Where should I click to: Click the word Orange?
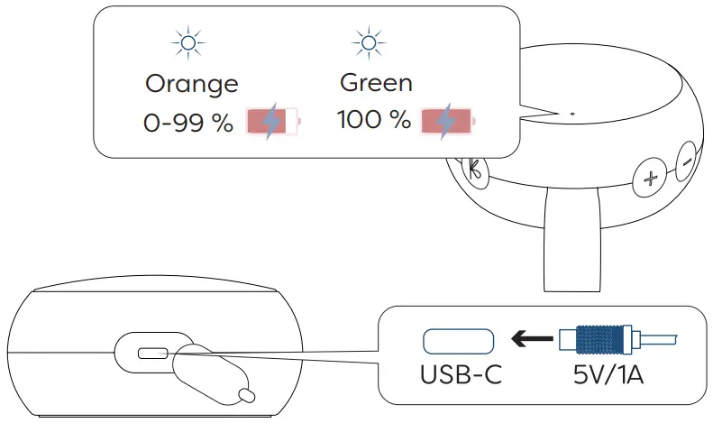[192, 84]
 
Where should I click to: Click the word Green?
[376, 82]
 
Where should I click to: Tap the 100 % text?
[373, 120]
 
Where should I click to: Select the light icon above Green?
[366, 42]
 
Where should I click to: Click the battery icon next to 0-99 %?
[272, 122]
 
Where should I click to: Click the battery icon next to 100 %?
[448, 120]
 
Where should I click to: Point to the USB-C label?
[459, 372]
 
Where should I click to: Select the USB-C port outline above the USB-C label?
[458, 340]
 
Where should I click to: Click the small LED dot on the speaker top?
[572, 115]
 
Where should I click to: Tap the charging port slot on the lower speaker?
[151, 353]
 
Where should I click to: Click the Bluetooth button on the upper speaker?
[472, 167]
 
